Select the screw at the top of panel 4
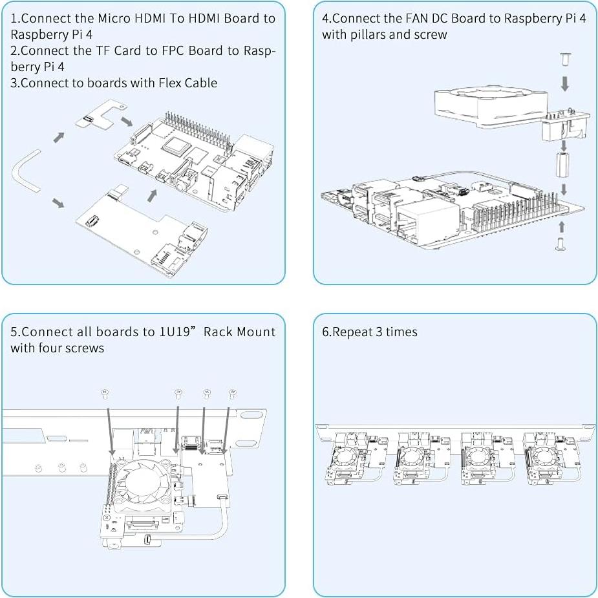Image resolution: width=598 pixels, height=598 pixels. coord(565,61)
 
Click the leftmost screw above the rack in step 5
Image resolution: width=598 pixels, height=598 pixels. coord(105,394)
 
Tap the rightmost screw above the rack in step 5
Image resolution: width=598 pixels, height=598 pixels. coord(232,394)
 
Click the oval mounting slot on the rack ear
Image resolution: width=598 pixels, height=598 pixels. coord(250,415)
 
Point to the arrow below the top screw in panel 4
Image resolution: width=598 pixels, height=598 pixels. coord(565,83)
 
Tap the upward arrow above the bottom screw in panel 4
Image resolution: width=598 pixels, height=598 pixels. coord(561,227)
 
